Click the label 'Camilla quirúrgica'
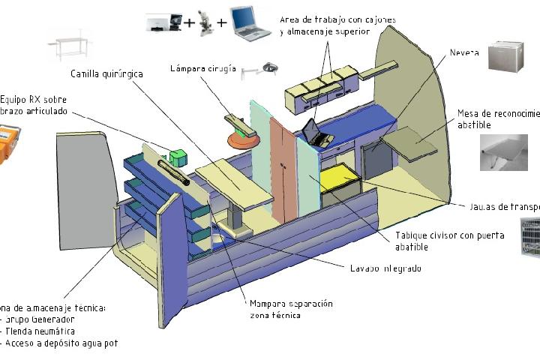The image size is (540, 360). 106,73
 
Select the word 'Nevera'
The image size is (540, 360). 465,53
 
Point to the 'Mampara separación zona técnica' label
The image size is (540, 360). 291,309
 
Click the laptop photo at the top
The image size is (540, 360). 250,24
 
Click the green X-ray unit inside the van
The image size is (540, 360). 178,157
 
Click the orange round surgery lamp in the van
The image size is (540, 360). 242,137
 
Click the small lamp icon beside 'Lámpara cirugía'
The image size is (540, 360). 260,69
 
